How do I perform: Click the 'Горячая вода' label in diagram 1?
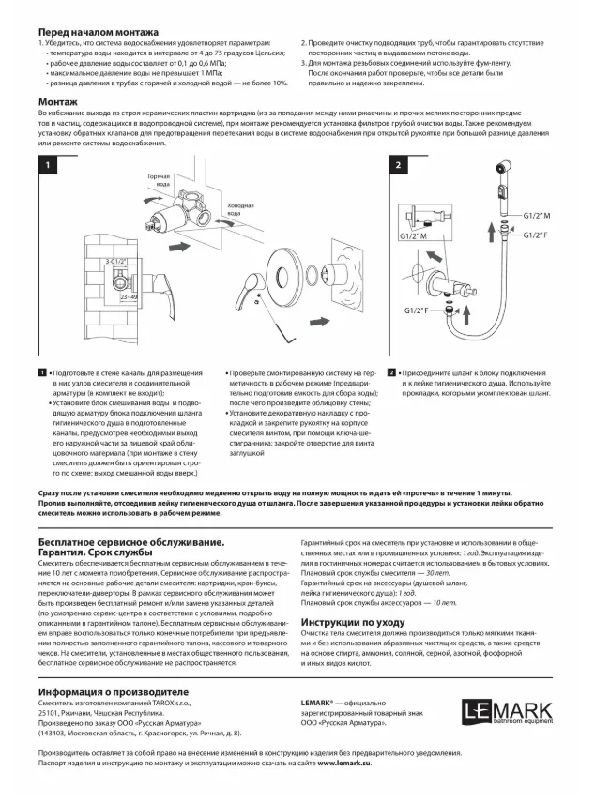point(159,180)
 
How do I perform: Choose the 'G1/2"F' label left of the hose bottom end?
point(419,310)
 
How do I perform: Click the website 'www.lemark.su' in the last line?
point(344,764)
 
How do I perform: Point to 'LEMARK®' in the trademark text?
point(318,702)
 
